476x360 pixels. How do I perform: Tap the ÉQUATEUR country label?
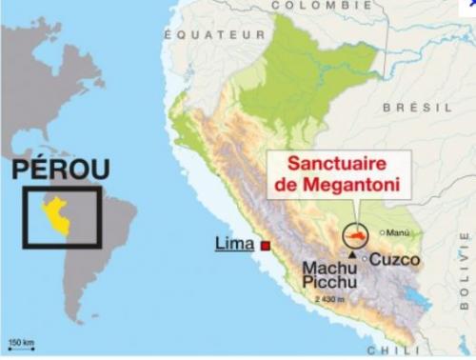coord(214,34)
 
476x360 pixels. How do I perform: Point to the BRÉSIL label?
coord(418,108)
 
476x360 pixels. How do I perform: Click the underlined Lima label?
coord(234,245)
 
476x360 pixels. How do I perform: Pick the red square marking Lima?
coord(266,247)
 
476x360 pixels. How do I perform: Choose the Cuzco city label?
coord(394,259)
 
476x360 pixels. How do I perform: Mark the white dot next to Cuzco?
coord(364,258)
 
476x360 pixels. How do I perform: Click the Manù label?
coord(399,231)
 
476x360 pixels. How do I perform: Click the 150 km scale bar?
coord(20,344)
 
